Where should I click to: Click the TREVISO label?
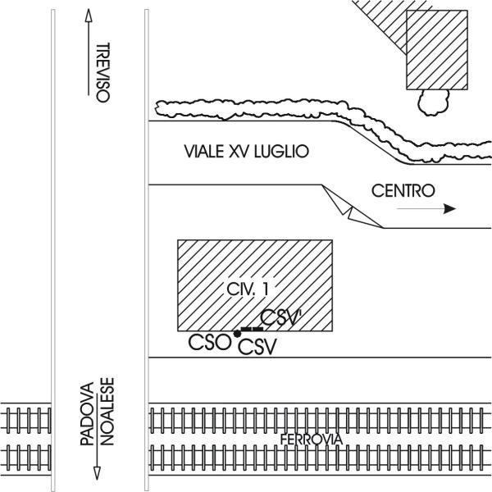click(x=103, y=72)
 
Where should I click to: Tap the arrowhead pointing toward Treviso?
click(x=89, y=15)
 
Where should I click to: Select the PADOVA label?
click(x=87, y=414)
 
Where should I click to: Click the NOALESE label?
click(x=107, y=412)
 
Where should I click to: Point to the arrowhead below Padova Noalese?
click(x=97, y=473)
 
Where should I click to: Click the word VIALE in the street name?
click(x=204, y=151)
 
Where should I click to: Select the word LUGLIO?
click(x=281, y=151)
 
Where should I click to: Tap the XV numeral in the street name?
click(x=239, y=151)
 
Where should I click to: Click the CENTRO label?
click(x=403, y=190)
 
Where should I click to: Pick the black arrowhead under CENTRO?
click(x=449, y=208)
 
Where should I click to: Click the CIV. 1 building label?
click(x=248, y=289)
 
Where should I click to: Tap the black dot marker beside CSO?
click(x=238, y=334)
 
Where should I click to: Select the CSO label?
click(x=209, y=342)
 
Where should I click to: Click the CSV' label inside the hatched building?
click(x=280, y=317)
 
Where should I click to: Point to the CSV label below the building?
click(x=257, y=347)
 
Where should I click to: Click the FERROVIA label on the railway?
click(x=311, y=440)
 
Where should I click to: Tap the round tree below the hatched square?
click(x=433, y=102)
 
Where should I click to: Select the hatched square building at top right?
click(x=437, y=50)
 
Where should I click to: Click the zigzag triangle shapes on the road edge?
click(x=353, y=207)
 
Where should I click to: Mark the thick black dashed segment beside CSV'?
click(x=252, y=329)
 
